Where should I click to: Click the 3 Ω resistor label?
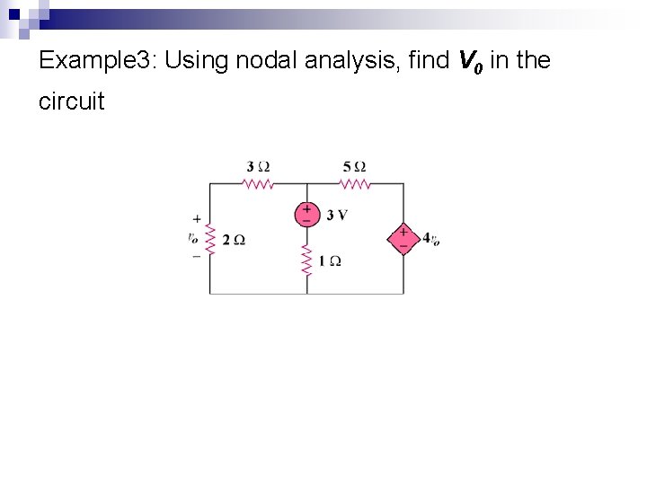[258, 166]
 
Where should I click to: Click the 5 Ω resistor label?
[354, 166]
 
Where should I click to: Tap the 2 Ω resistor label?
[234, 240]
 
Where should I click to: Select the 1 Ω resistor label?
[329, 261]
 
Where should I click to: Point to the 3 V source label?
[337, 215]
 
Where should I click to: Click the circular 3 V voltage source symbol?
[306, 214]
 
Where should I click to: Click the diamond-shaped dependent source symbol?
[403, 238]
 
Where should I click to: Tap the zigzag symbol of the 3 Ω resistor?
[258, 183]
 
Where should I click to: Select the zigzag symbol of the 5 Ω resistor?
[355, 183]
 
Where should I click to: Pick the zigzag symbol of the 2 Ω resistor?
[210, 239]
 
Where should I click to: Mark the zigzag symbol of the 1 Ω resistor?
[306, 261]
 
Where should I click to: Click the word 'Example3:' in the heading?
[99, 61]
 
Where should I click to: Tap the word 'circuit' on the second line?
[72, 101]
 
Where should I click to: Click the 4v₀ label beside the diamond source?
[430, 239]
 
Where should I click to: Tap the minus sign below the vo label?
[197, 256]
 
